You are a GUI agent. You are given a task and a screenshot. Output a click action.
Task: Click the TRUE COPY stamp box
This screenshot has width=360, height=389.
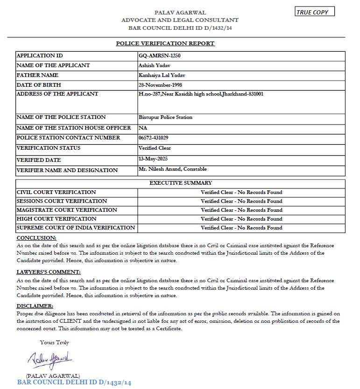click(315, 12)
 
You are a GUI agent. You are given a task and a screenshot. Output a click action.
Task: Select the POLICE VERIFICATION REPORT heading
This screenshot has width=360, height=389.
click(165, 43)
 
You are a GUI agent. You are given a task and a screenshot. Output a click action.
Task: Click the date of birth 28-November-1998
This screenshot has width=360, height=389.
click(160, 85)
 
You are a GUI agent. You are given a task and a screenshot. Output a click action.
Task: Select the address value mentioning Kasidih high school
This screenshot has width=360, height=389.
click(201, 94)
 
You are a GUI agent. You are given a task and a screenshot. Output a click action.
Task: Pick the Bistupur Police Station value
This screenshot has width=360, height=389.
click(165, 117)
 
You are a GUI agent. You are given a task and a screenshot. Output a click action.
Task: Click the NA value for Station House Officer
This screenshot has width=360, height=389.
click(142, 127)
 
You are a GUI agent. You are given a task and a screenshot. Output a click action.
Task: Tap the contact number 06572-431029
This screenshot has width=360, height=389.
click(154, 138)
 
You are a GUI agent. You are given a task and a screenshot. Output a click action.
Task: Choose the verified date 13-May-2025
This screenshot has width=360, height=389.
click(154, 159)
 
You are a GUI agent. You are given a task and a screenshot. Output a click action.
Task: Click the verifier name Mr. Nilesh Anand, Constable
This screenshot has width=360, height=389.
click(173, 169)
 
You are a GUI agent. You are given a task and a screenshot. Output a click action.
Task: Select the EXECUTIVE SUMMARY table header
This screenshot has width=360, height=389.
click(180, 183)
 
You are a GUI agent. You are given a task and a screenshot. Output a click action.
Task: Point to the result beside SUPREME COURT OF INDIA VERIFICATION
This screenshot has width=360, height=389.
click(241, 228)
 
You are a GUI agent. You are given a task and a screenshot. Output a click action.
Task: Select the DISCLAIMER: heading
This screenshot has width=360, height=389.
click(35, 306)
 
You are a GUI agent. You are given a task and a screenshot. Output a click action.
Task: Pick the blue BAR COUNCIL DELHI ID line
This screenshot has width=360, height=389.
click(74, 382)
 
